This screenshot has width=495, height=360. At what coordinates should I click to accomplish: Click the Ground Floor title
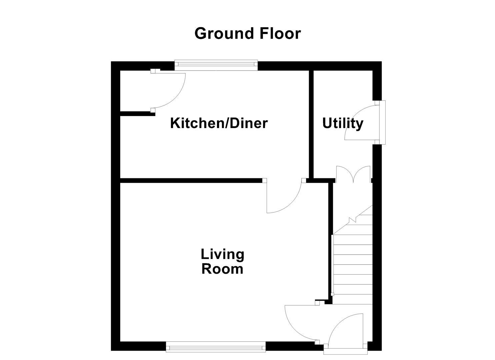click(x=247, y=34)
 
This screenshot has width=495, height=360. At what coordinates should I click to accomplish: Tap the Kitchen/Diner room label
click(x=219, y=123)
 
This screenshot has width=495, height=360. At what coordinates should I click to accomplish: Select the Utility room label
click(x=343, y=123)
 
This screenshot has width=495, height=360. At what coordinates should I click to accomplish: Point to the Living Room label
click(x=222, y=262)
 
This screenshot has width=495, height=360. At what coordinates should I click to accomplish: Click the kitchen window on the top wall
click(x=216, y=65)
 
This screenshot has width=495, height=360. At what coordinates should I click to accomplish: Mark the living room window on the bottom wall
click(x=216, y=347)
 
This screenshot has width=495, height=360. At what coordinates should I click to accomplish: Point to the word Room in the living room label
click(x=222, y=269)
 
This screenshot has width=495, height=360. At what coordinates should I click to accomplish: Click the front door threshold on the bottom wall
click(x=346, y=351)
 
